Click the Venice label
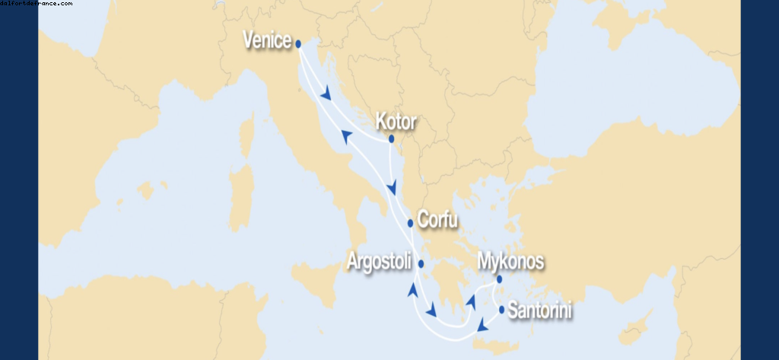[267, 40]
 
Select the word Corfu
[438, 221]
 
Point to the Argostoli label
[379, 261]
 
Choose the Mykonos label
[510, 262]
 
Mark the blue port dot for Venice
[298, 44]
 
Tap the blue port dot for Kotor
[391, 139]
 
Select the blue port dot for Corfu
[411, 223]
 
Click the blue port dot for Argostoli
[420, 264]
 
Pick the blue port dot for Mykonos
[500, 279]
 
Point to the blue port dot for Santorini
[502, 309]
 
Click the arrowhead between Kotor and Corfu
[393, 188]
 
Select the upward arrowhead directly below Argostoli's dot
[413, 290]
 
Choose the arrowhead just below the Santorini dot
[482, 327]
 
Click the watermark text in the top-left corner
[37, 4]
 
